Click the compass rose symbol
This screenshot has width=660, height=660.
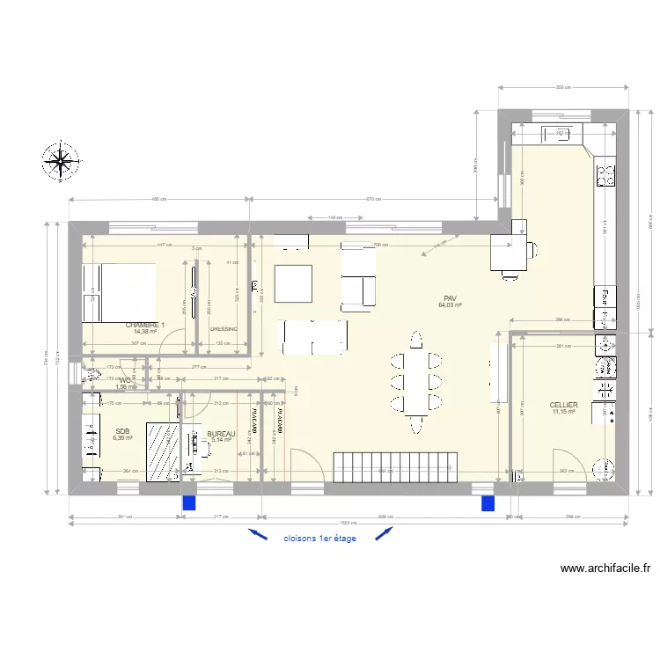click(x=61, y=161)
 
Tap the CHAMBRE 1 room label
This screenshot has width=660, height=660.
click(x=145, y=325)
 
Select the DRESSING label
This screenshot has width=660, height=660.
click(x=224, y=329)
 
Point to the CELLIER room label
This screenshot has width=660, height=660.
click(x=563, y=405)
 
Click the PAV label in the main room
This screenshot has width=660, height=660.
click(x=450, y=298)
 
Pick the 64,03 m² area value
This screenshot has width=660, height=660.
click(x=450, y=305)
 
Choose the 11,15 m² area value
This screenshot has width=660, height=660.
click(x=563, y=412)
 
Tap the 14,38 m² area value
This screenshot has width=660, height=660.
click(x=145, y=332)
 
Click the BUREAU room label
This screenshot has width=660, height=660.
click(x=221, y=434)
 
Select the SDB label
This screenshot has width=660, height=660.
click(x=121, y=431)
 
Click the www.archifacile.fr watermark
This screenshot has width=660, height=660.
click(x=604, y=569)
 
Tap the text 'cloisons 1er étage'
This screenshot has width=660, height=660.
click(x=319, y=539)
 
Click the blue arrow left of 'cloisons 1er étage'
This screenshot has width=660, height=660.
click(x=257, y=533)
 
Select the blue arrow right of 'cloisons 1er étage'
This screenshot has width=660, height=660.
click(x=384, y=533)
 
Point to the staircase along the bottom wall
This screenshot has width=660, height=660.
click(x=397, y=466)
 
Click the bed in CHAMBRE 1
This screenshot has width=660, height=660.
click(x=119, y=292)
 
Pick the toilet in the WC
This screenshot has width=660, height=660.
click(x=94, y=375)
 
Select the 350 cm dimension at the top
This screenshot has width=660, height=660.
click(x=563, y=87)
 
